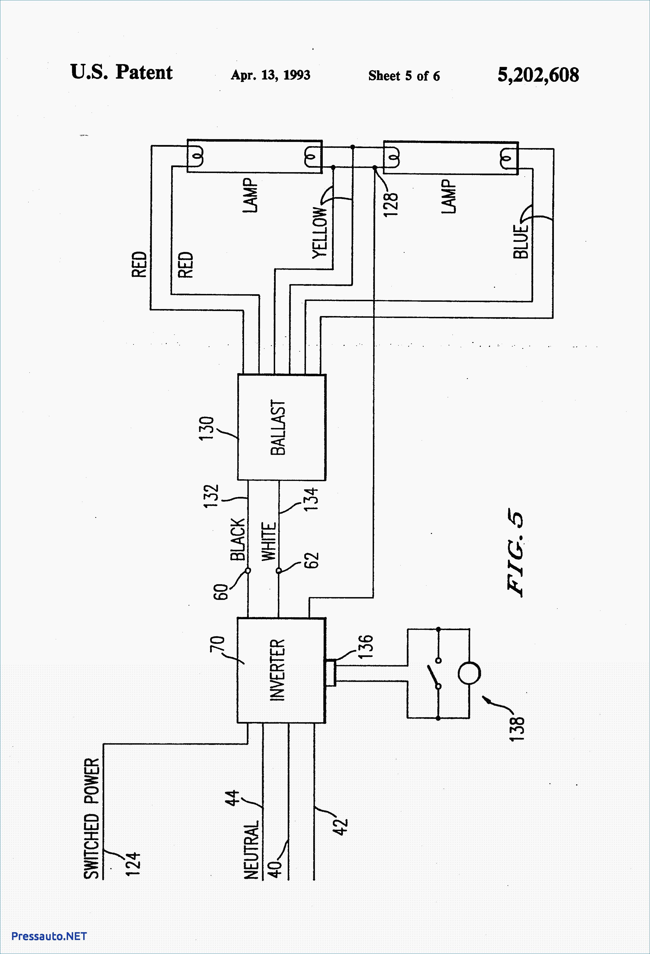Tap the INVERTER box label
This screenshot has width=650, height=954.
(277, 670)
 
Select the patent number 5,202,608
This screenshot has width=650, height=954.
(538, 75)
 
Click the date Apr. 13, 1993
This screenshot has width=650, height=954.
(270, 75)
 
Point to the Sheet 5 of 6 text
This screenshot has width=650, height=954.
(404, 76)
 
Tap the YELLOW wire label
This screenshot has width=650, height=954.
(319, 233)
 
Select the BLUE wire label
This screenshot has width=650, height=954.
(520, 241)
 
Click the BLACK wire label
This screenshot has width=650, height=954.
(238, 539)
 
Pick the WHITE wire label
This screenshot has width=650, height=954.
(269, 541)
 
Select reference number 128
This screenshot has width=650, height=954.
(391, 204)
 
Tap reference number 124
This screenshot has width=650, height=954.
(133, 864)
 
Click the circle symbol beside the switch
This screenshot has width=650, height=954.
(469, 673)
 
